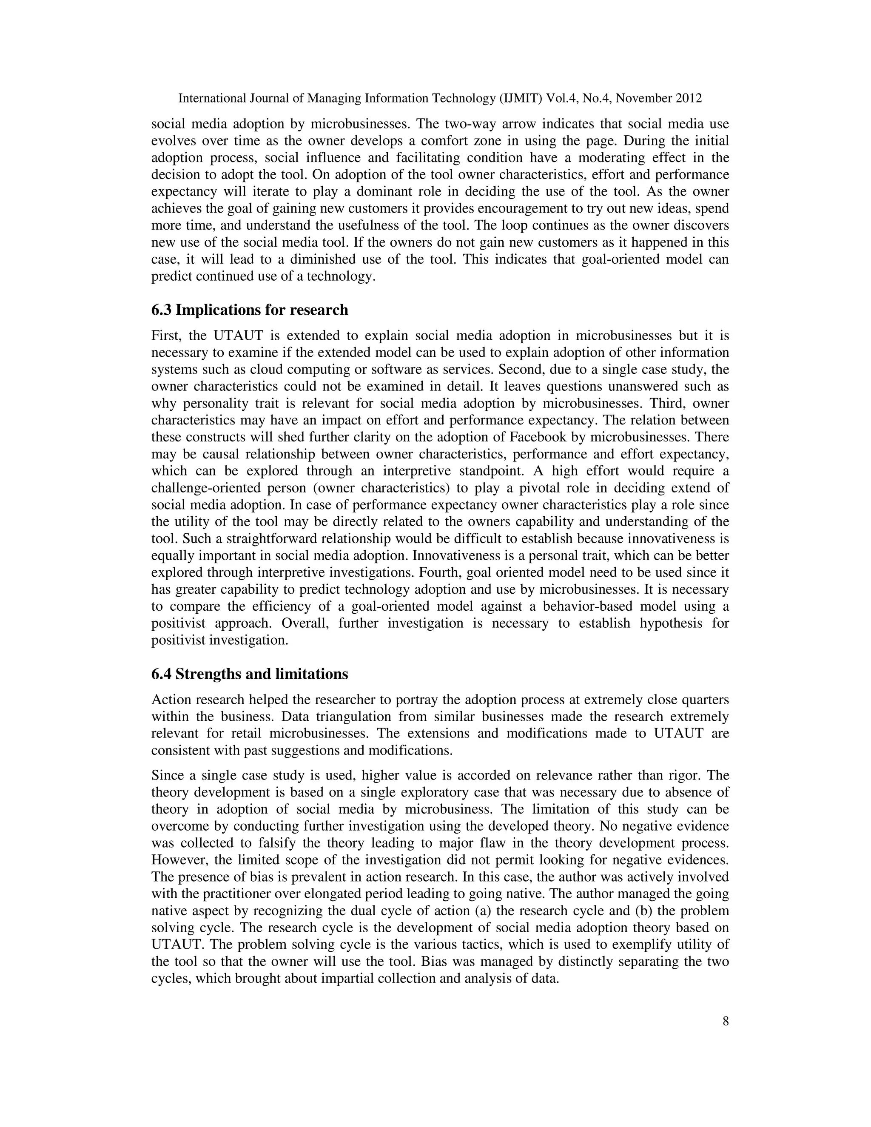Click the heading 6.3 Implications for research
click(249, 310)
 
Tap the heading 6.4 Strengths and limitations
click(249, 674)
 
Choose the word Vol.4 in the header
click(561, 98)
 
